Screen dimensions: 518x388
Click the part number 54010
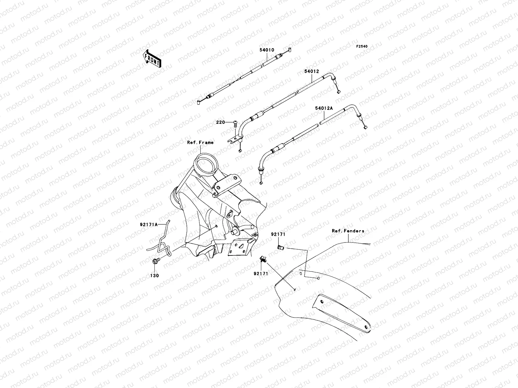pos(267,50)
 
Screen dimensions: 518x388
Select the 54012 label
pos(311,71)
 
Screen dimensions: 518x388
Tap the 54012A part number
pos(324,108)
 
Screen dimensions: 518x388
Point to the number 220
pos(220,122)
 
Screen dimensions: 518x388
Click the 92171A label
pos(149,224)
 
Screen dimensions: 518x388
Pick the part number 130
pos(154,275)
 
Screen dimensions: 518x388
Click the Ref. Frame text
pos(200,142)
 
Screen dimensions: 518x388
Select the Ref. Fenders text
pos(348,231)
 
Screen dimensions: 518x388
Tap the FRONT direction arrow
pos(152,59)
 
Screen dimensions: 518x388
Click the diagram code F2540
pos(362,47)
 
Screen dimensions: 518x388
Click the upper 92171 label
pos(278,234)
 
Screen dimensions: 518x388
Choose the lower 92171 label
pos(261,274)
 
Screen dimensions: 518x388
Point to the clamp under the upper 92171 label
pos(280,247)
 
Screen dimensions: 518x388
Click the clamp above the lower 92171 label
pos(263,259)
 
